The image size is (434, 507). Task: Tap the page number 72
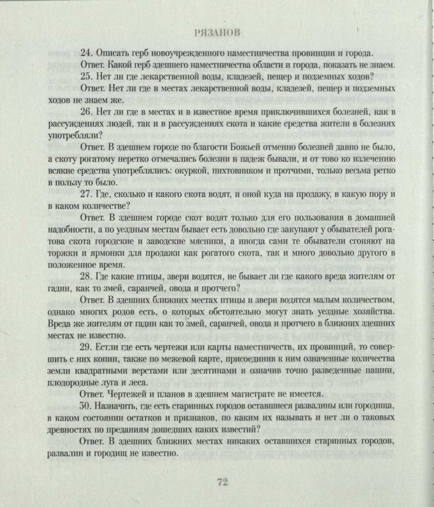[223, 482]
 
